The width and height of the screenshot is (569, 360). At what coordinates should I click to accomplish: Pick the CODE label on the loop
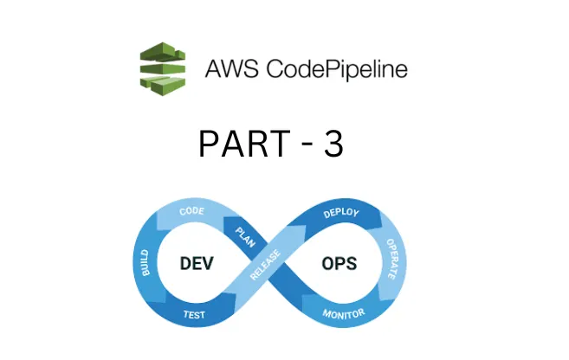[191, 211]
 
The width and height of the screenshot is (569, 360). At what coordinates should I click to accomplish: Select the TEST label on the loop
[195, 315]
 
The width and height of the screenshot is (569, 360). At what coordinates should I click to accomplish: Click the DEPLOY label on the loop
[341, 213]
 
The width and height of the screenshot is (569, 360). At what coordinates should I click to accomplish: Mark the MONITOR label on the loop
[344, 313]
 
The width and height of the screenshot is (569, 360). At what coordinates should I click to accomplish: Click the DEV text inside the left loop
[198, 262]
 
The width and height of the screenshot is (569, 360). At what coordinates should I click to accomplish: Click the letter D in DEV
[186, 262]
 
